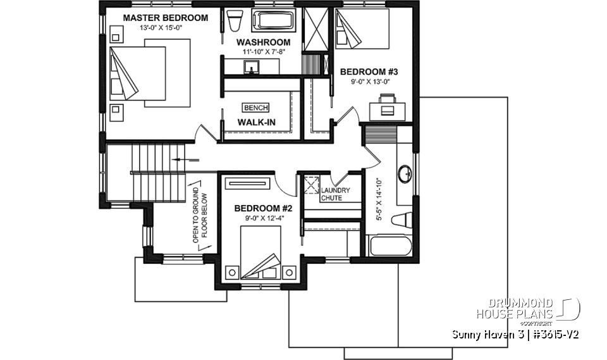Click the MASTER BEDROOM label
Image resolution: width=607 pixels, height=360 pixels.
[x=165, y=18]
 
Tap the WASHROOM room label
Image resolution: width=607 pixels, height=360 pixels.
[x=264, y=42]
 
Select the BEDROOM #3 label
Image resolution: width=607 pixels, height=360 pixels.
[x=369, y=71]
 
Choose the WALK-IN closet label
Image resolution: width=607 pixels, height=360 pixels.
[x=256, y=121]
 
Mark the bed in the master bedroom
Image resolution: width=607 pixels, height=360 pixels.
[x=149, y=71]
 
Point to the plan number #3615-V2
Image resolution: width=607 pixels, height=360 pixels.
[x=551, y=333]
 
